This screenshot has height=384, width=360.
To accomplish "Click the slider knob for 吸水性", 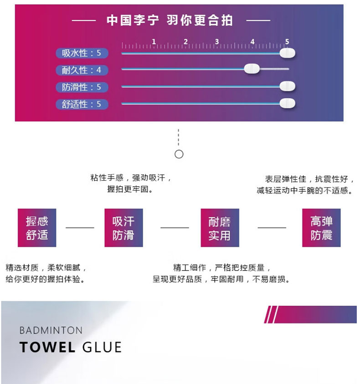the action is pyautogui.click(x=287, y=53).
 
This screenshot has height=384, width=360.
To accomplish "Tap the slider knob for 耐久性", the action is pyautogui.click(x=252, y=69).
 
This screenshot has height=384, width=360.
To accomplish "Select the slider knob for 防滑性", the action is pyautogui.click(x=287, y=86).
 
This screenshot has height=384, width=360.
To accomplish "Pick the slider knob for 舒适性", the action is pyautogui.click(x=287, y=103).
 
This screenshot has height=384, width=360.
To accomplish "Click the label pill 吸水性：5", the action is pyautogui.click(x=82, y=53).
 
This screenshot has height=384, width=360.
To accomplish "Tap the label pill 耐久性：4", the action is pyautogui.click(x=82, y=70).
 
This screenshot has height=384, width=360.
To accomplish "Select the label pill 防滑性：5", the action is pyautogui.click(x=82, y=87).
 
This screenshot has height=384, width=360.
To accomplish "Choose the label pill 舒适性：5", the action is pyautogui.click(x=82, y=104).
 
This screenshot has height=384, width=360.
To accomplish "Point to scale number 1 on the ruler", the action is pyautogui.click(x=154, y=42).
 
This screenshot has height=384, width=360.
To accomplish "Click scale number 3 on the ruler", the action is pyautogui.click(x=217, y=42).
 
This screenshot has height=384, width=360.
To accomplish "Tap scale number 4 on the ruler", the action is pyautogui.click(x=252, y=42).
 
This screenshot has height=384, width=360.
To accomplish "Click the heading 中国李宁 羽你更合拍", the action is pyautogui.click(x=170, y=20).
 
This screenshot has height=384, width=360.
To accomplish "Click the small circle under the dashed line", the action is pyautogui.click(x=179, y=154).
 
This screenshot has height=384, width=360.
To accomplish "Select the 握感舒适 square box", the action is pyautogui.click(x=37, y=228).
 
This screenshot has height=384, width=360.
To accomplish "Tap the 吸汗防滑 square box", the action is pyautogui.click(x=123, y=228).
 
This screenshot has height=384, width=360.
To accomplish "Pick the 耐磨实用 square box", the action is pyautogui.click(x=220, y=228).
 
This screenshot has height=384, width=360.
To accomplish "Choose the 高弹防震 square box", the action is pyautogui.click(x=321, y=228).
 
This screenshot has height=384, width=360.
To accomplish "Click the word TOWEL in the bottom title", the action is pyautogui.click(x=47, y=348).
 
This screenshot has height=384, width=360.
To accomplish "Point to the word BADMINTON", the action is pyautogui.click(x=51, y=330).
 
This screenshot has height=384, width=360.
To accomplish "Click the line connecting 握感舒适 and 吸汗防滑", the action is pyautogui.click(x=80, y=228).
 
